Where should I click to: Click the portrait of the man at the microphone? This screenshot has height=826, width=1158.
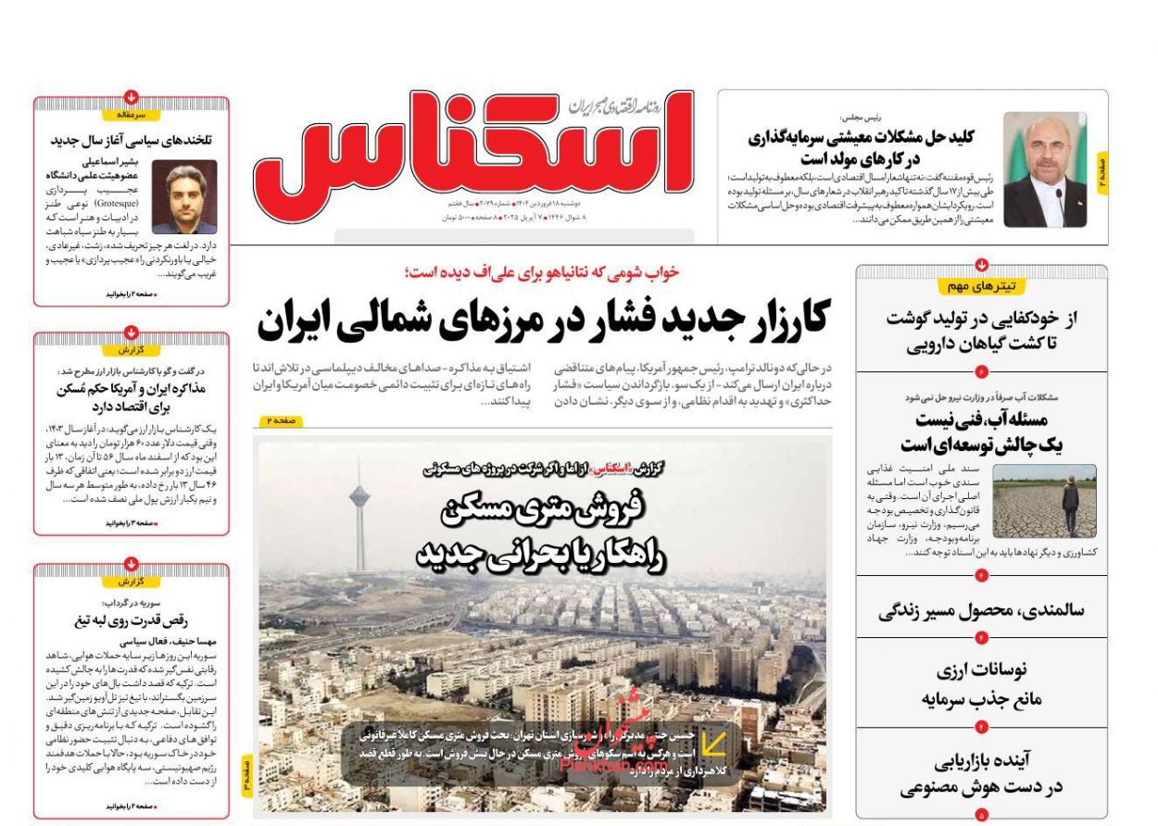tap(1044, 169)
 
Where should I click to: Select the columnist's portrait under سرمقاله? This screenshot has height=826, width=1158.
tap(184, 197)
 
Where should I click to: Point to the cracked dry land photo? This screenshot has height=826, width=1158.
tap(1044, 501)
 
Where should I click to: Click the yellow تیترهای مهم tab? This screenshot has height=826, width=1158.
tap(981, 286)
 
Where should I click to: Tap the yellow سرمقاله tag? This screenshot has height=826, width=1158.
tap(132, 115)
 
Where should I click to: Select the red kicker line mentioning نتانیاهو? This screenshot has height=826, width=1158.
tap(542, 272)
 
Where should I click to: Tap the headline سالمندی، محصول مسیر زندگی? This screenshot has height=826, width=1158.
tap(981, 610)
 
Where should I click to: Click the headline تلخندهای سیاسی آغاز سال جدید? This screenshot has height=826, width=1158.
tap(132, 141)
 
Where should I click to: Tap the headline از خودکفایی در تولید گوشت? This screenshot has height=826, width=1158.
tap(981, 319)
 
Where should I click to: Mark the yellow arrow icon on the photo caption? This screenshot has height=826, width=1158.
tap(714, 744)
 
